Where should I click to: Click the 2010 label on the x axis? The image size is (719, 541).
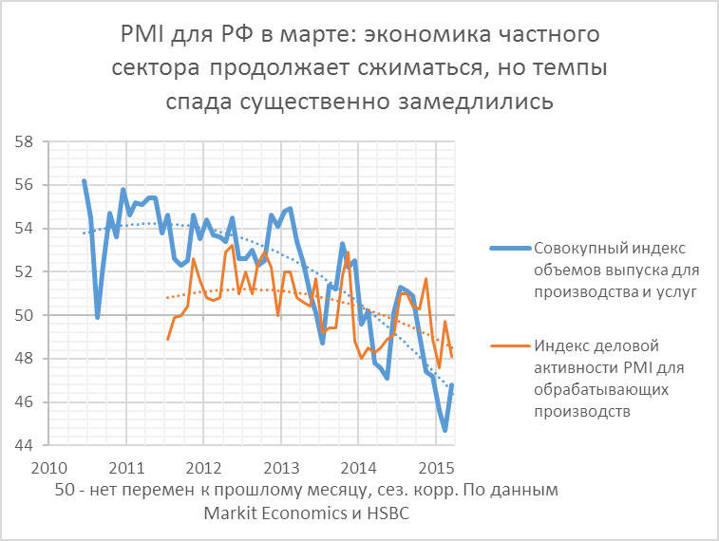[x=47, y=469]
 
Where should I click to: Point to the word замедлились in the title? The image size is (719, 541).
[x=487, y=100]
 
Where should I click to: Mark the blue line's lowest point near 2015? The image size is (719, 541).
[x=445, y=430]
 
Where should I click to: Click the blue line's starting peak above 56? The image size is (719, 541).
[x=84, y=180]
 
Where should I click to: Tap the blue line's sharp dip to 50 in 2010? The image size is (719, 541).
[x=98, y=317]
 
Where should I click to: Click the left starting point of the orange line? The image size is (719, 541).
[x=167, y=339]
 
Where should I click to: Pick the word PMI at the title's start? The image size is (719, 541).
[x=141, y=37]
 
